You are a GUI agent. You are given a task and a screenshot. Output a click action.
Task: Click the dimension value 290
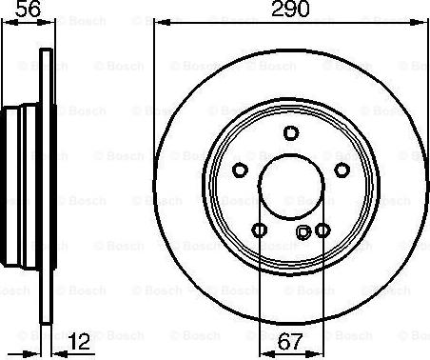pos(290,9)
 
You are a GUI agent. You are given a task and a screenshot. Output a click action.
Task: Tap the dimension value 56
pos(29,9)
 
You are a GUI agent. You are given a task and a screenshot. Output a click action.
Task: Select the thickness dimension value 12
pos(79,342)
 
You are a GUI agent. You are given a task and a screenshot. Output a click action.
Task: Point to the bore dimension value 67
pos(290,342)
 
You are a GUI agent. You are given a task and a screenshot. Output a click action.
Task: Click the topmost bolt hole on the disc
pos(291,132)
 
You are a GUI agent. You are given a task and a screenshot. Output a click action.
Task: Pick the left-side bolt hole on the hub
pos(240,170)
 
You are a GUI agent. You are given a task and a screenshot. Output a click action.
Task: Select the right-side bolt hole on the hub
pos(342,170)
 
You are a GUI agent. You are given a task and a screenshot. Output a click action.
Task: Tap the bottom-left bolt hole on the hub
pos(260,230)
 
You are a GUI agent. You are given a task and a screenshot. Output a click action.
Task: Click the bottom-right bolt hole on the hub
pos(322,230)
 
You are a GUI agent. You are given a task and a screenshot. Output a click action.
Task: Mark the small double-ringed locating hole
pos(303,232)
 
